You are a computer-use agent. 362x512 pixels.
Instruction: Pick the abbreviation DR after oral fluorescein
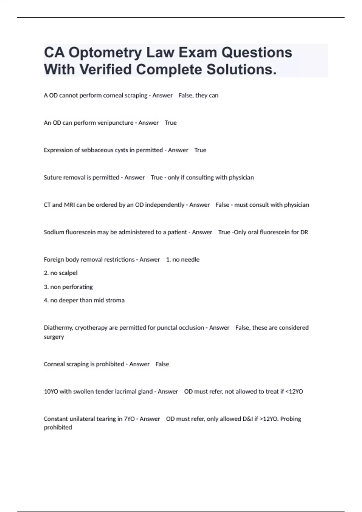304,232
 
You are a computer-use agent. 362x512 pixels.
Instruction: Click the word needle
190,260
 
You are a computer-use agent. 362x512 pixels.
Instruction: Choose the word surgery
54,337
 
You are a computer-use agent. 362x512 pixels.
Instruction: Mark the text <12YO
294,392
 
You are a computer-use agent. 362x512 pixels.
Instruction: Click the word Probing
291,419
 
